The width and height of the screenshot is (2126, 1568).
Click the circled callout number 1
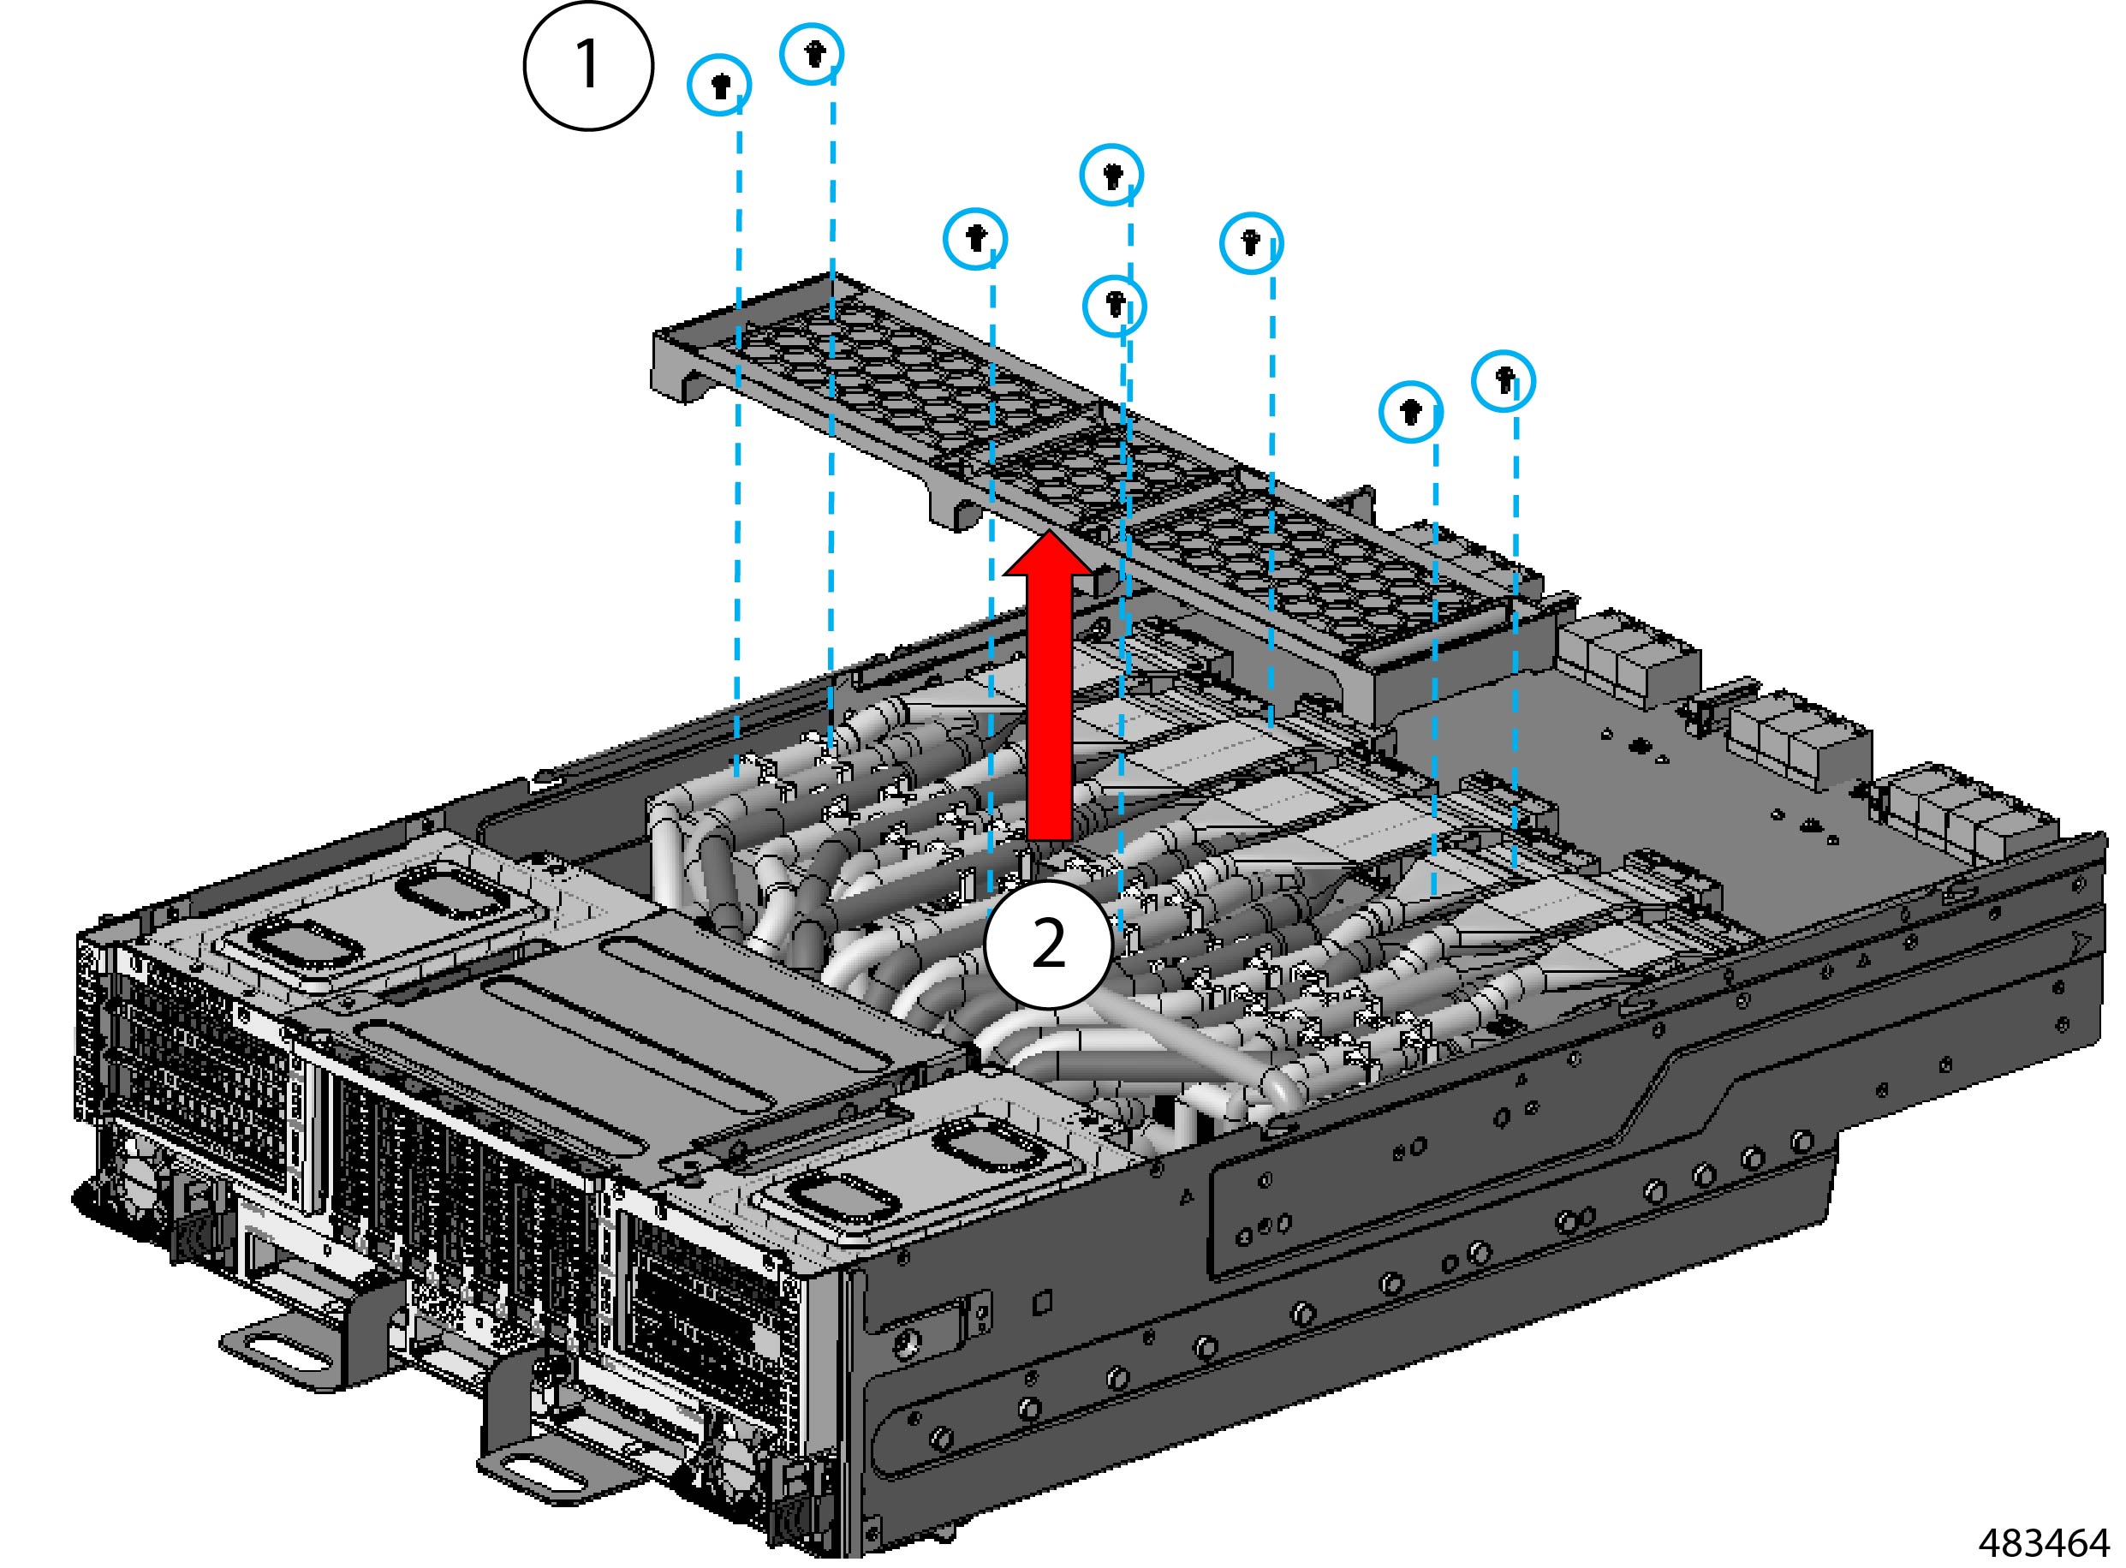pos(588,64)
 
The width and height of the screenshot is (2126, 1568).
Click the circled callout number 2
pos(1048,945)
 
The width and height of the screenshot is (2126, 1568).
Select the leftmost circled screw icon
pos(719,85)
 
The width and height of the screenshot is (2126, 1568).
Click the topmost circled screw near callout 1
pos(812,54)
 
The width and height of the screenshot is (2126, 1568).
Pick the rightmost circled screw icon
pos(1504,380)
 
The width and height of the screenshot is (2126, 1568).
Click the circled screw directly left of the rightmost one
pos(1410,412)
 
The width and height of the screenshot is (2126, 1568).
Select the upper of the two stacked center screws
pos(1111,175)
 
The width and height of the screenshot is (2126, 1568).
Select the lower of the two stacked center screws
pos(1115,306)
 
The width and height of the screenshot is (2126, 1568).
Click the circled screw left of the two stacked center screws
pos(974,237)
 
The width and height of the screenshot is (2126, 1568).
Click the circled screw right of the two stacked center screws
pos(1251,243)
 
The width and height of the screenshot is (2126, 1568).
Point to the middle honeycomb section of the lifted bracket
pos(1092,465)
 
